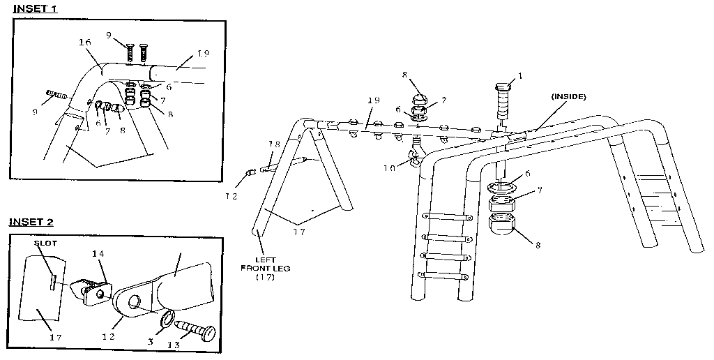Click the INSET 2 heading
coord(31,222)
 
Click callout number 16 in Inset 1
coord(85,43)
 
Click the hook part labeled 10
coord(416,153)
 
